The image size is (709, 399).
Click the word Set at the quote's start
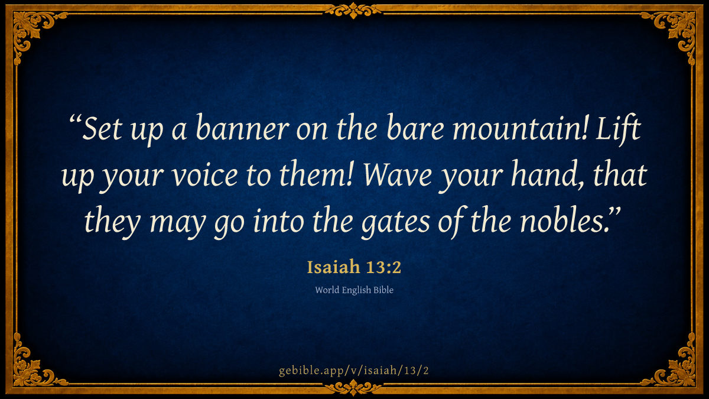click(x=102, y=128)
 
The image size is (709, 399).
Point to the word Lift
click(x=619, y=129)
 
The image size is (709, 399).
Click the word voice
click(x=205, y=176)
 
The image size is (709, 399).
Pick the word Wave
click(x=398, y=175)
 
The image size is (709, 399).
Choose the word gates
click(x=396, y=222)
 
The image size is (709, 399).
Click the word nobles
click(x=565, y=220)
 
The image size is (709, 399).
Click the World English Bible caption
click(x=354, y=290)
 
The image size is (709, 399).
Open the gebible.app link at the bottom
click(x=354, y=370)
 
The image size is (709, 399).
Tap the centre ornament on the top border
click(x=353, y=11)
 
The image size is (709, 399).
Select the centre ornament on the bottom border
click(x=353, y=388)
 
